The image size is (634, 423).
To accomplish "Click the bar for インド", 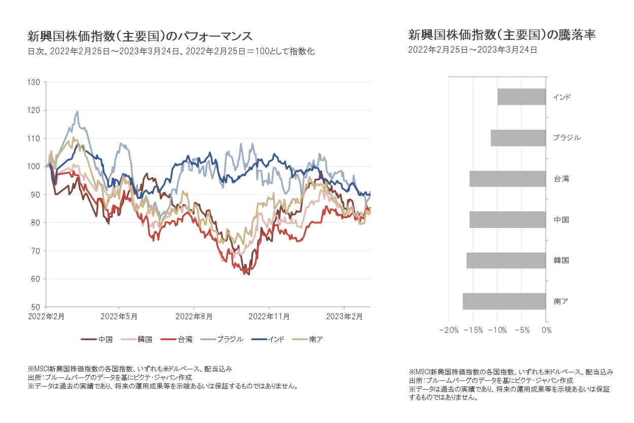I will pyautogui.click(x=521, y=97).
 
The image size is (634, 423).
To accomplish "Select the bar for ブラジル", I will pyautogui.click(x=518, y=138).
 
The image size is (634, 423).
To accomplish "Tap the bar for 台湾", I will pyautogui.click(x=508, y=179).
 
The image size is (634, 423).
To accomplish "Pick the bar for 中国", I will pyautogui.click(x=508, y=220).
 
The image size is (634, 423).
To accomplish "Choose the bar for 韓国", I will pyautogui.click(x=506, y=260).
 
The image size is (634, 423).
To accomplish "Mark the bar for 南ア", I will pyautogui.click(x=504, y=301).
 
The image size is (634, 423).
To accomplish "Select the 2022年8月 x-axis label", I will pyautogui.click(x=193, y=317).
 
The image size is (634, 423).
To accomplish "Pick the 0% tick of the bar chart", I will pyautogui.click(x=546, y=330).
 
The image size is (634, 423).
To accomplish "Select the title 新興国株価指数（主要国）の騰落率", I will pyautogui.click(x=502, y=35).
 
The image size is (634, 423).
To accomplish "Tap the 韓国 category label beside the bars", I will pyautogui.click(x=561, y=261).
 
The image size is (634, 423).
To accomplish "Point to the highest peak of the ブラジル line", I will pyautogui.click(x=77, y=111).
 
